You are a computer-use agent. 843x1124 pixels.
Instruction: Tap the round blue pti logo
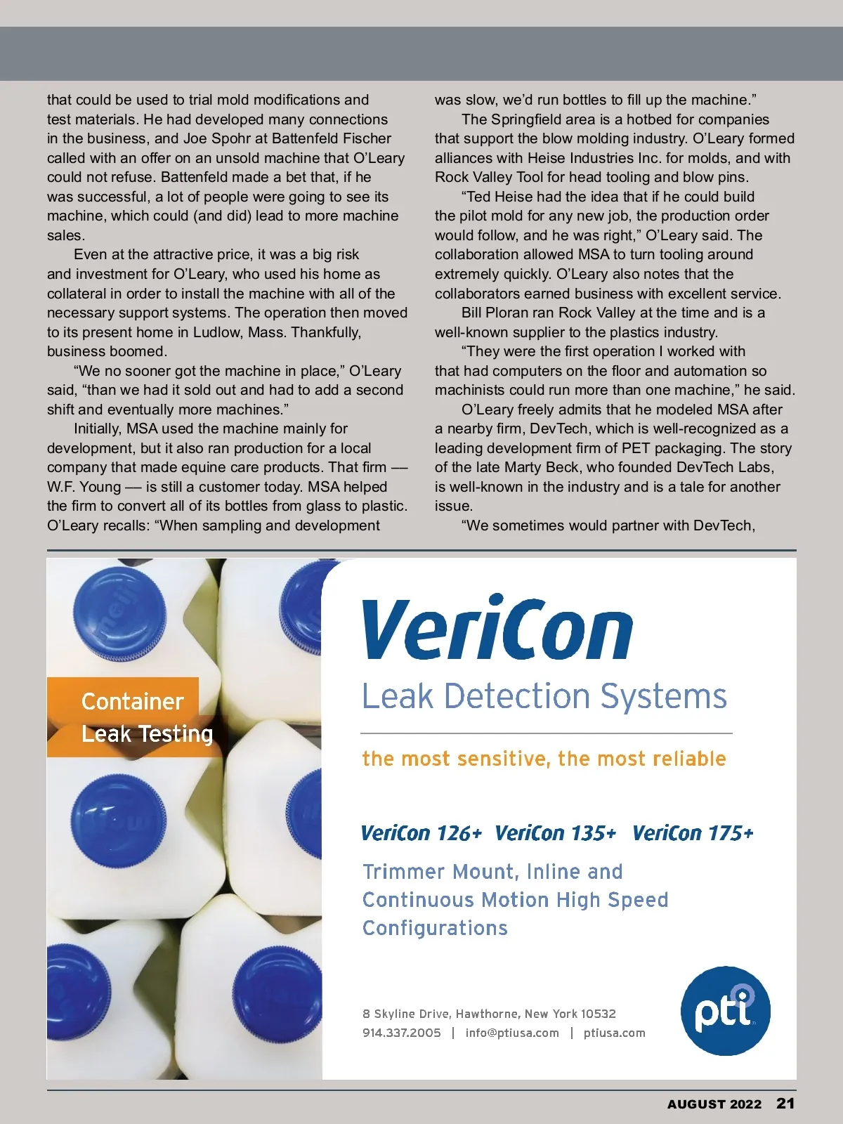725,1010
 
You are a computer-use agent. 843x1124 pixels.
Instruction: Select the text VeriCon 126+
421,833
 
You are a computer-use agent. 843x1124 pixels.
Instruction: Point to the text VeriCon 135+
555,833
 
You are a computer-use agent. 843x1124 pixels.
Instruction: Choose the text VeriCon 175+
692,833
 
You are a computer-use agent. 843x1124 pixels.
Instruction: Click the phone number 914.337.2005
401,1033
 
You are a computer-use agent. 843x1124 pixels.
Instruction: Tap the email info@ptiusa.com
512,1033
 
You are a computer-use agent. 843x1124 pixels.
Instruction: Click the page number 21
785,1103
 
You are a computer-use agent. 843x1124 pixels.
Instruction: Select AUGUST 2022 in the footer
714,1104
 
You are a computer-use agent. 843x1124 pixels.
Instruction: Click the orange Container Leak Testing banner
133,717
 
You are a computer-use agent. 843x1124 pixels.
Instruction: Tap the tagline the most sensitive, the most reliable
544,759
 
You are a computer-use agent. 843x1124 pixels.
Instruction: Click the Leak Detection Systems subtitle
544,696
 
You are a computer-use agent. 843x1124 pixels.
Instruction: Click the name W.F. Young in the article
84,487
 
